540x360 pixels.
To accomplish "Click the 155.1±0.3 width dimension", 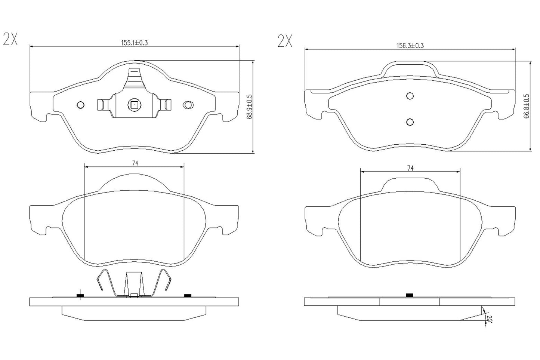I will (134, 43).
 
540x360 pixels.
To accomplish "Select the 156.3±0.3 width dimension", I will (410, 46).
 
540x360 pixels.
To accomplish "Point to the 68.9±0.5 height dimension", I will (249, 107).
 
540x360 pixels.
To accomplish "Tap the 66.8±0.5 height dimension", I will (527, 106).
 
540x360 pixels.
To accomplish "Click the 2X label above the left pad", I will (10, 39).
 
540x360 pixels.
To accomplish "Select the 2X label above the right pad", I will (285, 41).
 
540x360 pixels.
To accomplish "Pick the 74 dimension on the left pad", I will (135, 163).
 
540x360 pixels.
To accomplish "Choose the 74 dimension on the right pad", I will (410, 169).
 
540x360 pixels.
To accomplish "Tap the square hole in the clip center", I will (134, 105).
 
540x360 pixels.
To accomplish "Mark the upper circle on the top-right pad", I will (410, 96).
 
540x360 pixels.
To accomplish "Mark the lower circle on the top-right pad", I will (410, 122).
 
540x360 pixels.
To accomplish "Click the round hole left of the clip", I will (80, 105).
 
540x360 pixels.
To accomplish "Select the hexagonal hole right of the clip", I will (187, 105).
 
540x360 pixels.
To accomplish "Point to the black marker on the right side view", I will (409, 295).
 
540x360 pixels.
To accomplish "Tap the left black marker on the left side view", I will (80, 296).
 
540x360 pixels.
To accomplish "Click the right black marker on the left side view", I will (188, 296).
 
